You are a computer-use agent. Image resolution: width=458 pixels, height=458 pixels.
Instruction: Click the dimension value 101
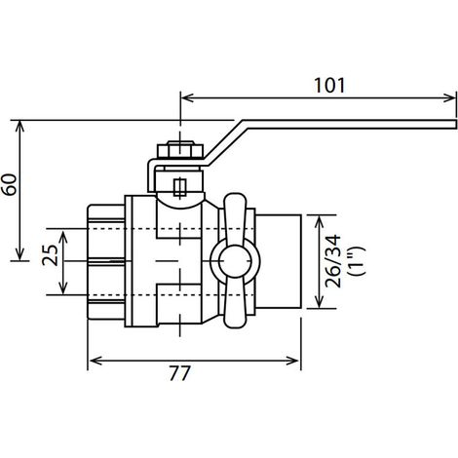(329, 86)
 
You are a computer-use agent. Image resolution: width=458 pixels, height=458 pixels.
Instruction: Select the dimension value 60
(10, 184)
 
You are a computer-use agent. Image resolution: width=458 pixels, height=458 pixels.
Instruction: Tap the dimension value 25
(50, 255)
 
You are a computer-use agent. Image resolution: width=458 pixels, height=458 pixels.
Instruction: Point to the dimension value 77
(179, 373)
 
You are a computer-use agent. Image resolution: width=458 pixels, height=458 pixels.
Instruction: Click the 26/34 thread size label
(333, 261)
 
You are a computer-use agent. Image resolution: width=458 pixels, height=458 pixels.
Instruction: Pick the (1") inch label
(357, 261)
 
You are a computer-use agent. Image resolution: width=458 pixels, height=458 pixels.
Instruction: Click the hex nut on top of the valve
(180, 150)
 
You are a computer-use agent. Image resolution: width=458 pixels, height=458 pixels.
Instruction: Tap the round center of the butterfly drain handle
(235, 262)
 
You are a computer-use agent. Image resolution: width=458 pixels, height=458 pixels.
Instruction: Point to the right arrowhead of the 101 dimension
(450, 97)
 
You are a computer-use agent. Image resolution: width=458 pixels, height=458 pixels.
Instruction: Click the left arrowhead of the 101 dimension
(187, 97)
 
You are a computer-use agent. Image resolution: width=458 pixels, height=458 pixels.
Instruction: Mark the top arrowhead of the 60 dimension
(19, 127)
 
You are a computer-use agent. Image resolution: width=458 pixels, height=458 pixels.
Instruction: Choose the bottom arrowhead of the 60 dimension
(19, 253)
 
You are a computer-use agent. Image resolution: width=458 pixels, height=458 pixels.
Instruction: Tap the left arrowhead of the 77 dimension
(95, 361)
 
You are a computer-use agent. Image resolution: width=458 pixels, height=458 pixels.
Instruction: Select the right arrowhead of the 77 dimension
(292, 361)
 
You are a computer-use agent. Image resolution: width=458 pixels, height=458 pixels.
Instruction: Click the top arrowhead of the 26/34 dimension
(320, 222)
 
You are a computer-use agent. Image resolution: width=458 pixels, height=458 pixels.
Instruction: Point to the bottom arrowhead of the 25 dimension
(63, 287)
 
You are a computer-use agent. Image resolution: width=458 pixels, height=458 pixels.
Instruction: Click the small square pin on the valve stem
(179, 187)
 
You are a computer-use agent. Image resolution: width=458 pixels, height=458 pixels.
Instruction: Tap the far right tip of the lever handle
(456, 125)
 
